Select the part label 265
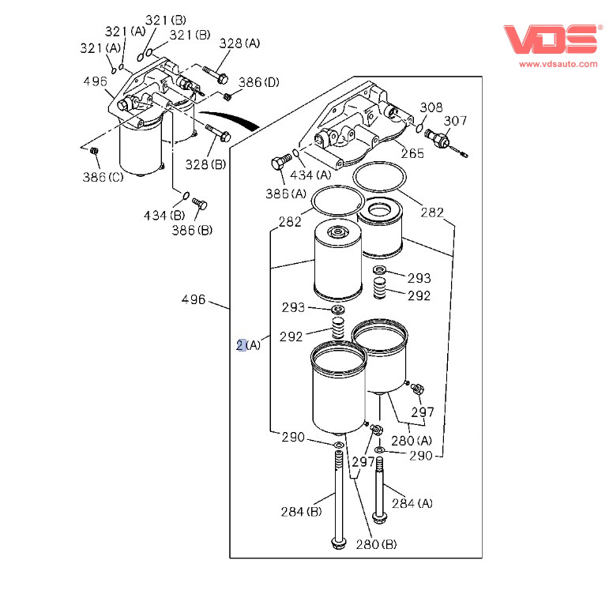tap(412, 153)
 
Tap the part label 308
tap(431, 107)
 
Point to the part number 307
tap(455, 120)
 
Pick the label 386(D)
tap(259, 81)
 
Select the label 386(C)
tap(103, 176)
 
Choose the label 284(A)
tap(413, 503)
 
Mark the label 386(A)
tap(288, 193)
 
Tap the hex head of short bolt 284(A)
tap(380, 519)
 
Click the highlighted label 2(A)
tap(248, 345)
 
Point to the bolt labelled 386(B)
tap(200, 205)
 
